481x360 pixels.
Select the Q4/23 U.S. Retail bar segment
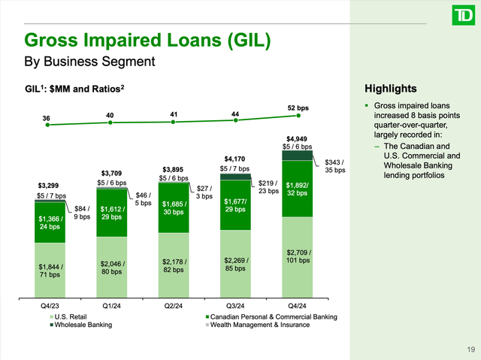pos(50,271)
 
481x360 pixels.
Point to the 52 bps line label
pos(298,107)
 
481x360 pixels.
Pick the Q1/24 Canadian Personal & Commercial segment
pos(111,213)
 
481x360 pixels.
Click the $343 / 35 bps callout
pos(334,166)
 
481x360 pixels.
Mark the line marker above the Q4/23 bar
pos(48,126)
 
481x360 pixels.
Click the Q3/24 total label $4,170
pos(234,158)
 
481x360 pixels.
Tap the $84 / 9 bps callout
pos(81,213)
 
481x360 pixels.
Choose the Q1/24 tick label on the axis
pos(111,306)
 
